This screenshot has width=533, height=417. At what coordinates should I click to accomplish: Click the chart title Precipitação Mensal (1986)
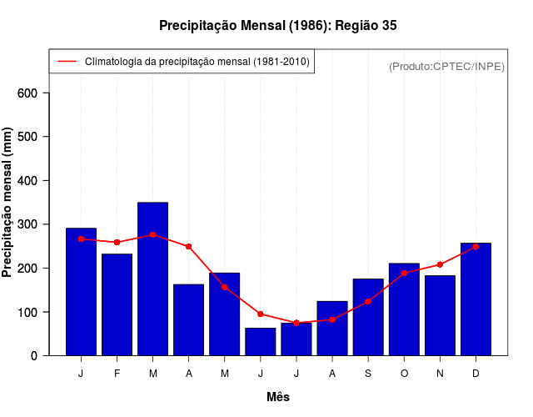click(278, 26)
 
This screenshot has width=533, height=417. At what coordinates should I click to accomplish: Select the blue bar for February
click(117, 304)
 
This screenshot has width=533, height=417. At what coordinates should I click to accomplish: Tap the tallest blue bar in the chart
click(152, 279)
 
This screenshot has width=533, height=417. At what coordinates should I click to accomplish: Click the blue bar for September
click(368, 318)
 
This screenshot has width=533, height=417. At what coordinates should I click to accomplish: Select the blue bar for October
click(404, 309)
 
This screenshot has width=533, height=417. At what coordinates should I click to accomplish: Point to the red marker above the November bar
click(440, 264)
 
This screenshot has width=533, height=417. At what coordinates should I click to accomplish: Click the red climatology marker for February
click(117, 242)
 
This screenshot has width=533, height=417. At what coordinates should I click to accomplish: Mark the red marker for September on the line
click(368, 301)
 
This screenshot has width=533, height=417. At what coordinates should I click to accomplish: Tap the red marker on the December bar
click(476, 247)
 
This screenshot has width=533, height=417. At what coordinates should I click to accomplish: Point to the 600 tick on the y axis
click(39, 93)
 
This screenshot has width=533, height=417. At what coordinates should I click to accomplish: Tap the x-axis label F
click(117, 374)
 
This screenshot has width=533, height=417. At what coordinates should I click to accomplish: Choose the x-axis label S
click(368, 374)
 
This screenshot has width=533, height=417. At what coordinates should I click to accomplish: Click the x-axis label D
click(476, 374)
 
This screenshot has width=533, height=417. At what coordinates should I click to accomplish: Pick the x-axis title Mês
click(278, 397)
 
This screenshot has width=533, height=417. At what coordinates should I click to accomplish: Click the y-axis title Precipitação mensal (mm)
click(8, 203)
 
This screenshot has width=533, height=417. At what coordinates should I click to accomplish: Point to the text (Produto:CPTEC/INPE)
click(446, 66)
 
